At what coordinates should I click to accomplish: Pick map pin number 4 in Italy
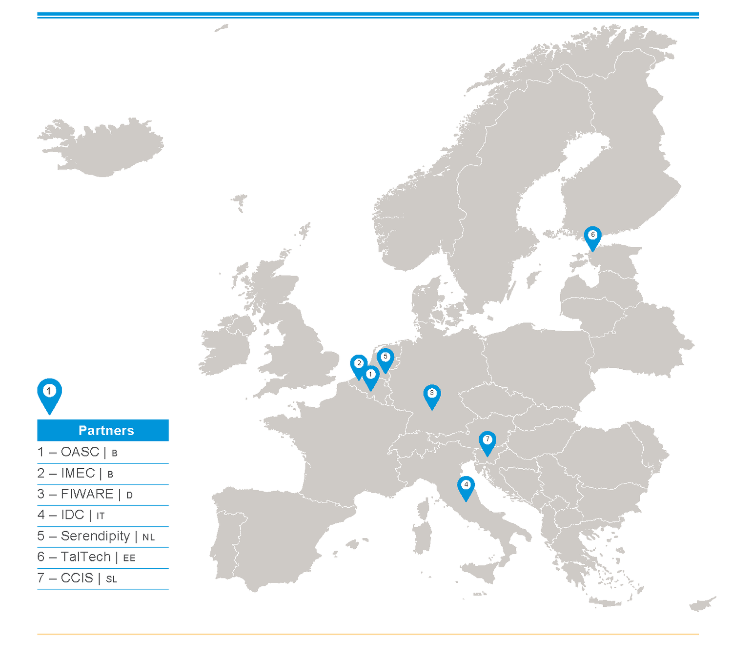466,486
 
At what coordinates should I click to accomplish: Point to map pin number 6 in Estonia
593,236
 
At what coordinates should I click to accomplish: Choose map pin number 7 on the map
487,440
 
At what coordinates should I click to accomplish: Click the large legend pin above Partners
49,392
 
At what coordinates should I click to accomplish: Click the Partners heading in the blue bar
106,430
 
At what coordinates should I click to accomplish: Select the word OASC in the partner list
80,452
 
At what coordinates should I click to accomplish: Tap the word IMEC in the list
78,473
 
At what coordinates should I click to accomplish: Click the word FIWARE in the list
87,494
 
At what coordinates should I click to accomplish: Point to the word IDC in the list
72,515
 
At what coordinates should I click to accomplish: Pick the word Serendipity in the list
95,536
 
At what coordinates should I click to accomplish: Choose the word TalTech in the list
86,557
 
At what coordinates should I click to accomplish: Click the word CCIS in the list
77,578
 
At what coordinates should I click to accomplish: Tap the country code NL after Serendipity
148,538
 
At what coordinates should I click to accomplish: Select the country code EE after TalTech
129,558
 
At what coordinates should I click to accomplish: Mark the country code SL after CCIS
111,579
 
